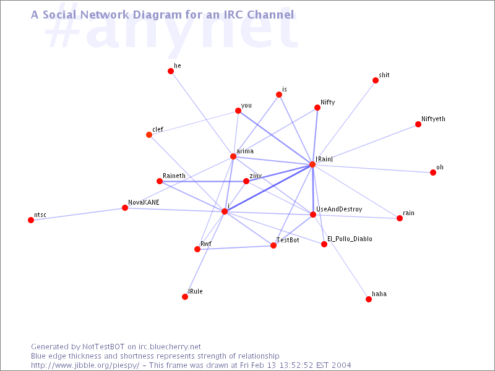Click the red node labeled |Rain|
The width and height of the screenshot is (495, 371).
pos(312,164)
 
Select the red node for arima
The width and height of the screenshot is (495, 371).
pos(233,156)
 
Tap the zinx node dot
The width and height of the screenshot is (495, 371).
pos(246,181)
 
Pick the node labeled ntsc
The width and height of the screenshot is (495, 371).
pos(31,220)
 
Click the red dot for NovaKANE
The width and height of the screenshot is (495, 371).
pos(125,208)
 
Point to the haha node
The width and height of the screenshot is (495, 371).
pos(369,299)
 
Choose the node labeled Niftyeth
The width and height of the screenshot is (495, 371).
pos(418,124)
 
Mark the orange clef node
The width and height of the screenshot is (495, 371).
pos(149,135)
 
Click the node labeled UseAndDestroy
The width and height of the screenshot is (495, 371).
pos(313,215)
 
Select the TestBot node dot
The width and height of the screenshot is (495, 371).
pos(273,245)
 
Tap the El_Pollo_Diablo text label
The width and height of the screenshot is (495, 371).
pos(350,239)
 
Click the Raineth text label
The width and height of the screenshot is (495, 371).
pos(174,176)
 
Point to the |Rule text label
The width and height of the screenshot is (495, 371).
pos(196,291)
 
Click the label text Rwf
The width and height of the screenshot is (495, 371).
pos(206,244)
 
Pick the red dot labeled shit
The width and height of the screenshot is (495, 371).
pos(375,80)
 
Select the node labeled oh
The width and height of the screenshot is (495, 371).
pos(433,173)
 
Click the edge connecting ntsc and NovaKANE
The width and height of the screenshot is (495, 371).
pos(78,214)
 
